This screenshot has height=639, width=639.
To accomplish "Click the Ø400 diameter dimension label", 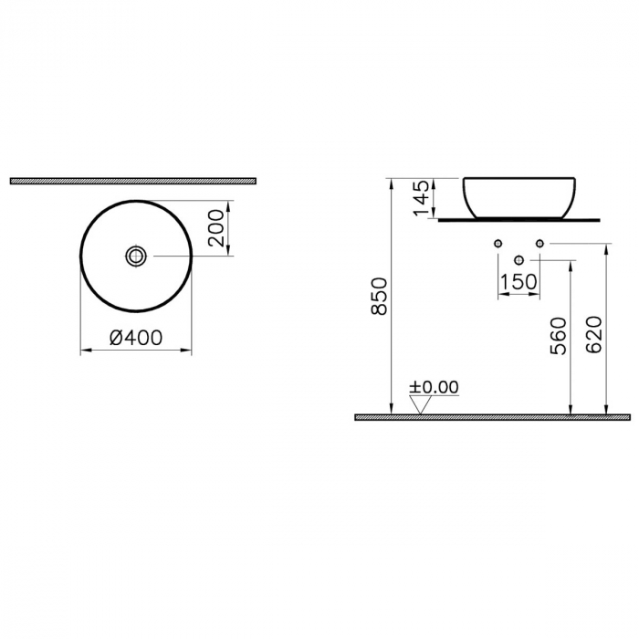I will pyautogui.click(x=136, y=337).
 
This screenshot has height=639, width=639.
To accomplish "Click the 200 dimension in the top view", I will pyautogui.click(x=216, y=228).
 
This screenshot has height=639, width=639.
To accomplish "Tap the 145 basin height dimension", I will pyautogui.click(x=421, y=198).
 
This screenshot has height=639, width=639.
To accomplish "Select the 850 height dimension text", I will pyautogui.click(x=381, y=296).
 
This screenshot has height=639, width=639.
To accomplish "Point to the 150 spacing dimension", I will pyautogui.click(x=519, y=282).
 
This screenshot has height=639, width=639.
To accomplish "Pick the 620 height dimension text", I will pyautogui.click(x=594, y=336).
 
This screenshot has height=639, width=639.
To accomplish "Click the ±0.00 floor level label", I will pyautogui.click(x=434, y=387).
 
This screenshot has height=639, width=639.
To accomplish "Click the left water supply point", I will pyautogui.click(x=498, y=243).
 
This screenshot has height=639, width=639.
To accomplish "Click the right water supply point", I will pyautogui.click(x=539, y=243).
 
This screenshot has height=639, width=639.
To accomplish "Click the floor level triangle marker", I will pyautogui.click(x=421, y=405).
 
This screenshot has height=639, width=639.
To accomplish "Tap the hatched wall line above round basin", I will pyautogui.click(x=132, y=181).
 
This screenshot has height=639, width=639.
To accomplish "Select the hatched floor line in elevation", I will pyautogui.click(x=492, y=417).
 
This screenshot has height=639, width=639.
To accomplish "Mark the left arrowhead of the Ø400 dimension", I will pyautogui.click(x=84, y=350).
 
